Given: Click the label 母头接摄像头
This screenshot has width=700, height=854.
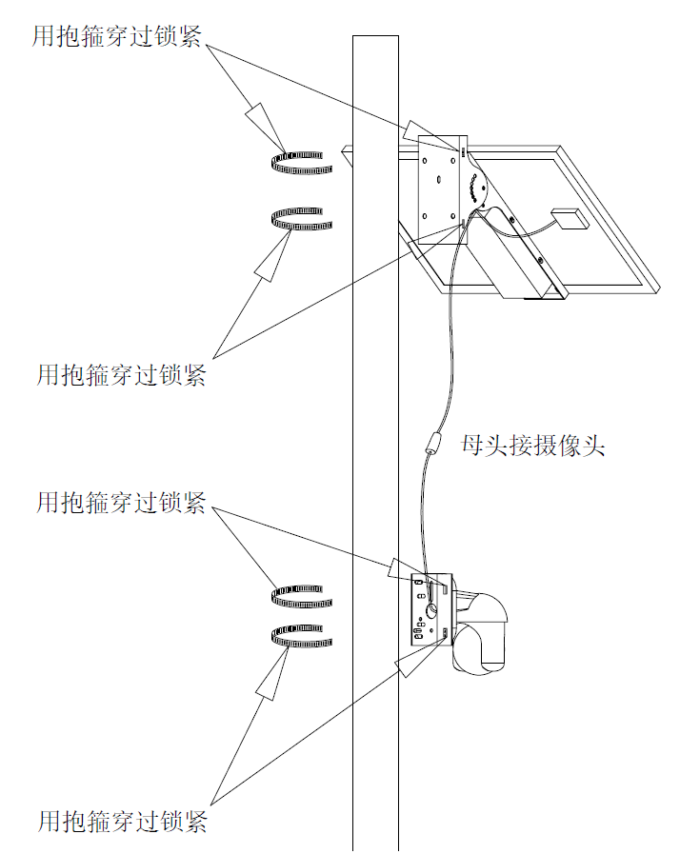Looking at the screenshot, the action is [x=533, y=446].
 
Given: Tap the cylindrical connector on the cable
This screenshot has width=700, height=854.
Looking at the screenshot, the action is [x=433, y=443].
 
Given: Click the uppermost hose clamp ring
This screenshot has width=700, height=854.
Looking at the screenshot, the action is [x=301, y=163].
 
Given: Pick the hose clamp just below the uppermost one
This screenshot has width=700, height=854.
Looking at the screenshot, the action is [x=301, y=218].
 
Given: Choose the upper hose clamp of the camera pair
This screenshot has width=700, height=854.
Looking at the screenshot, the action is [x=301, y=597].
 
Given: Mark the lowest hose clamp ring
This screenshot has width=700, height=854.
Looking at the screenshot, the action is [x=301, y=636].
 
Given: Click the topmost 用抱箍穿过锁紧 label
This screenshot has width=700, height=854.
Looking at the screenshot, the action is [x=117, y=36].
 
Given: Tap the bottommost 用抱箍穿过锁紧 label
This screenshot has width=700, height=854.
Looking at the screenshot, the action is [x=123, y=822].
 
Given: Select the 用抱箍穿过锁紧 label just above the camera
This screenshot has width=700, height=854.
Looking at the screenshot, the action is [x=121, y=502].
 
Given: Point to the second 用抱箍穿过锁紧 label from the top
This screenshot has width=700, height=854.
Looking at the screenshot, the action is [x=121, y=375].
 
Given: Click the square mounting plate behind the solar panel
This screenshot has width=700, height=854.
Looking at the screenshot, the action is [x=442, y=189].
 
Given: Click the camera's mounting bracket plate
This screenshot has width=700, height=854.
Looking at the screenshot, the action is [x=431, y=609].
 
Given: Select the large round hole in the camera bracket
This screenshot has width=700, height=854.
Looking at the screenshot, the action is [x=432, y=610].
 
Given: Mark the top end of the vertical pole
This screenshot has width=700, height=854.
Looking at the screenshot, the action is [x=375, y=36].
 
